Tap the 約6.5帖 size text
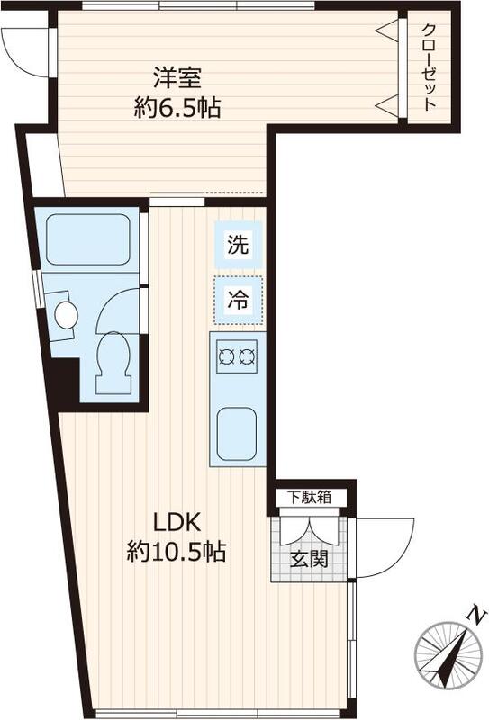[x=176, y=108]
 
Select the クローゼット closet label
[x=429, y=67]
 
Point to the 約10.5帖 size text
[x=176, y=552]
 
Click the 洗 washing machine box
[x=239, y=244]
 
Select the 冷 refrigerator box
[x=239, y=301]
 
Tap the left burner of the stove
[x=227, y=357]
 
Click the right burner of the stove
[x=248, y=357]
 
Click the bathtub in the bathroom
[x=87, y=238]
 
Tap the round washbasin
[x=66, y=315]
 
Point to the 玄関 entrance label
[x=309, y=558]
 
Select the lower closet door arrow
[x=387, y=105]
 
